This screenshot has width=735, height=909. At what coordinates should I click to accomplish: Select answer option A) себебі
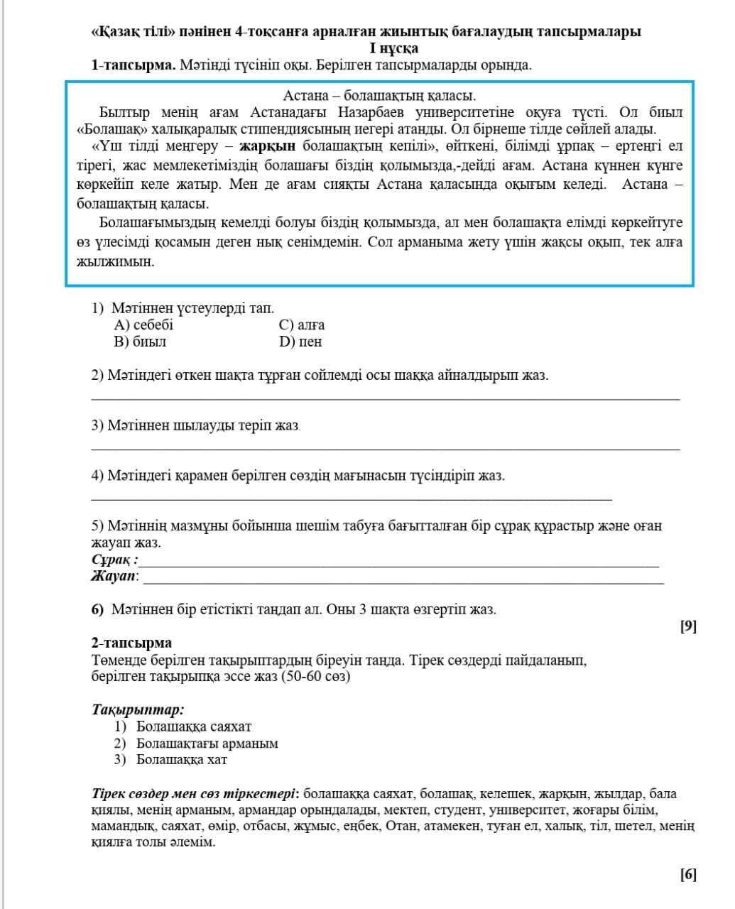(143, 325)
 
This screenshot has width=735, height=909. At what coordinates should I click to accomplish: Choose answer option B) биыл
(140, 342)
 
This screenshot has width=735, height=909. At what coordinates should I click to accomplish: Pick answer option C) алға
(302, 325)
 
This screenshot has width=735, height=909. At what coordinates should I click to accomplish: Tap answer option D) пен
(300, 342)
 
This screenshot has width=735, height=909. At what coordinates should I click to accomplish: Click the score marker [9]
(688, 626)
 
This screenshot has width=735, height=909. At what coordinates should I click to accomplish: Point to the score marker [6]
(688, 874)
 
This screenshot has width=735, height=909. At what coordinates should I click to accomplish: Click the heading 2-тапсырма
(131, 643)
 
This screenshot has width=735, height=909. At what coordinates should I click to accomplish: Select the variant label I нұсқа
(393, 49)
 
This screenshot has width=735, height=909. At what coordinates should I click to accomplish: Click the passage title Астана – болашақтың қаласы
(379, 96)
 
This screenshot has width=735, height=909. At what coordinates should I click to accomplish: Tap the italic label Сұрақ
(114, 560)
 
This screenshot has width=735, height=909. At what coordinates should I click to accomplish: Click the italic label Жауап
(115, 576)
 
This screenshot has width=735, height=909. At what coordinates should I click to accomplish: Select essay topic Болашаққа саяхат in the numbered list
(193, 726)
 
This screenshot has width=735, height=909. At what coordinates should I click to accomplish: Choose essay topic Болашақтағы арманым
(207, 744)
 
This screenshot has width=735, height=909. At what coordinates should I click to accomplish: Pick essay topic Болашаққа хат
(182, 760)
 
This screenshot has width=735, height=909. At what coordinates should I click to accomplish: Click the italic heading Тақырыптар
(138, 709)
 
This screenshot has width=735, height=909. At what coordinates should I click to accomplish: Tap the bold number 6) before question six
(98, 609)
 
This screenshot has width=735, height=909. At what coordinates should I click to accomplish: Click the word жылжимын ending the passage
(115, 261)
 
